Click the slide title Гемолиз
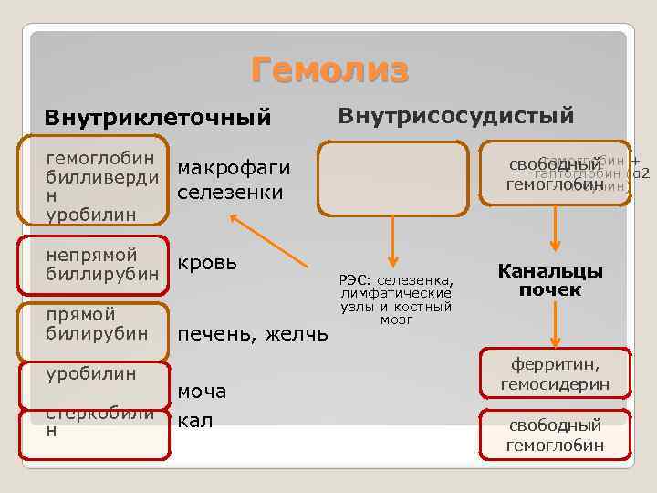click(x=330, y=70)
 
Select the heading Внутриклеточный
click(x=158, y=118)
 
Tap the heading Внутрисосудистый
click(x=456, y=116)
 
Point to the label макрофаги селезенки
click(x=234, y=180)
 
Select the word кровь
click(x=207, y=262)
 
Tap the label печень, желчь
click(x=252, y=334)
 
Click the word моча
click(x=201, y=391)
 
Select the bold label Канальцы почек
click(x=550, y=280)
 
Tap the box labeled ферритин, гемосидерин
click(x=556, y=373)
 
